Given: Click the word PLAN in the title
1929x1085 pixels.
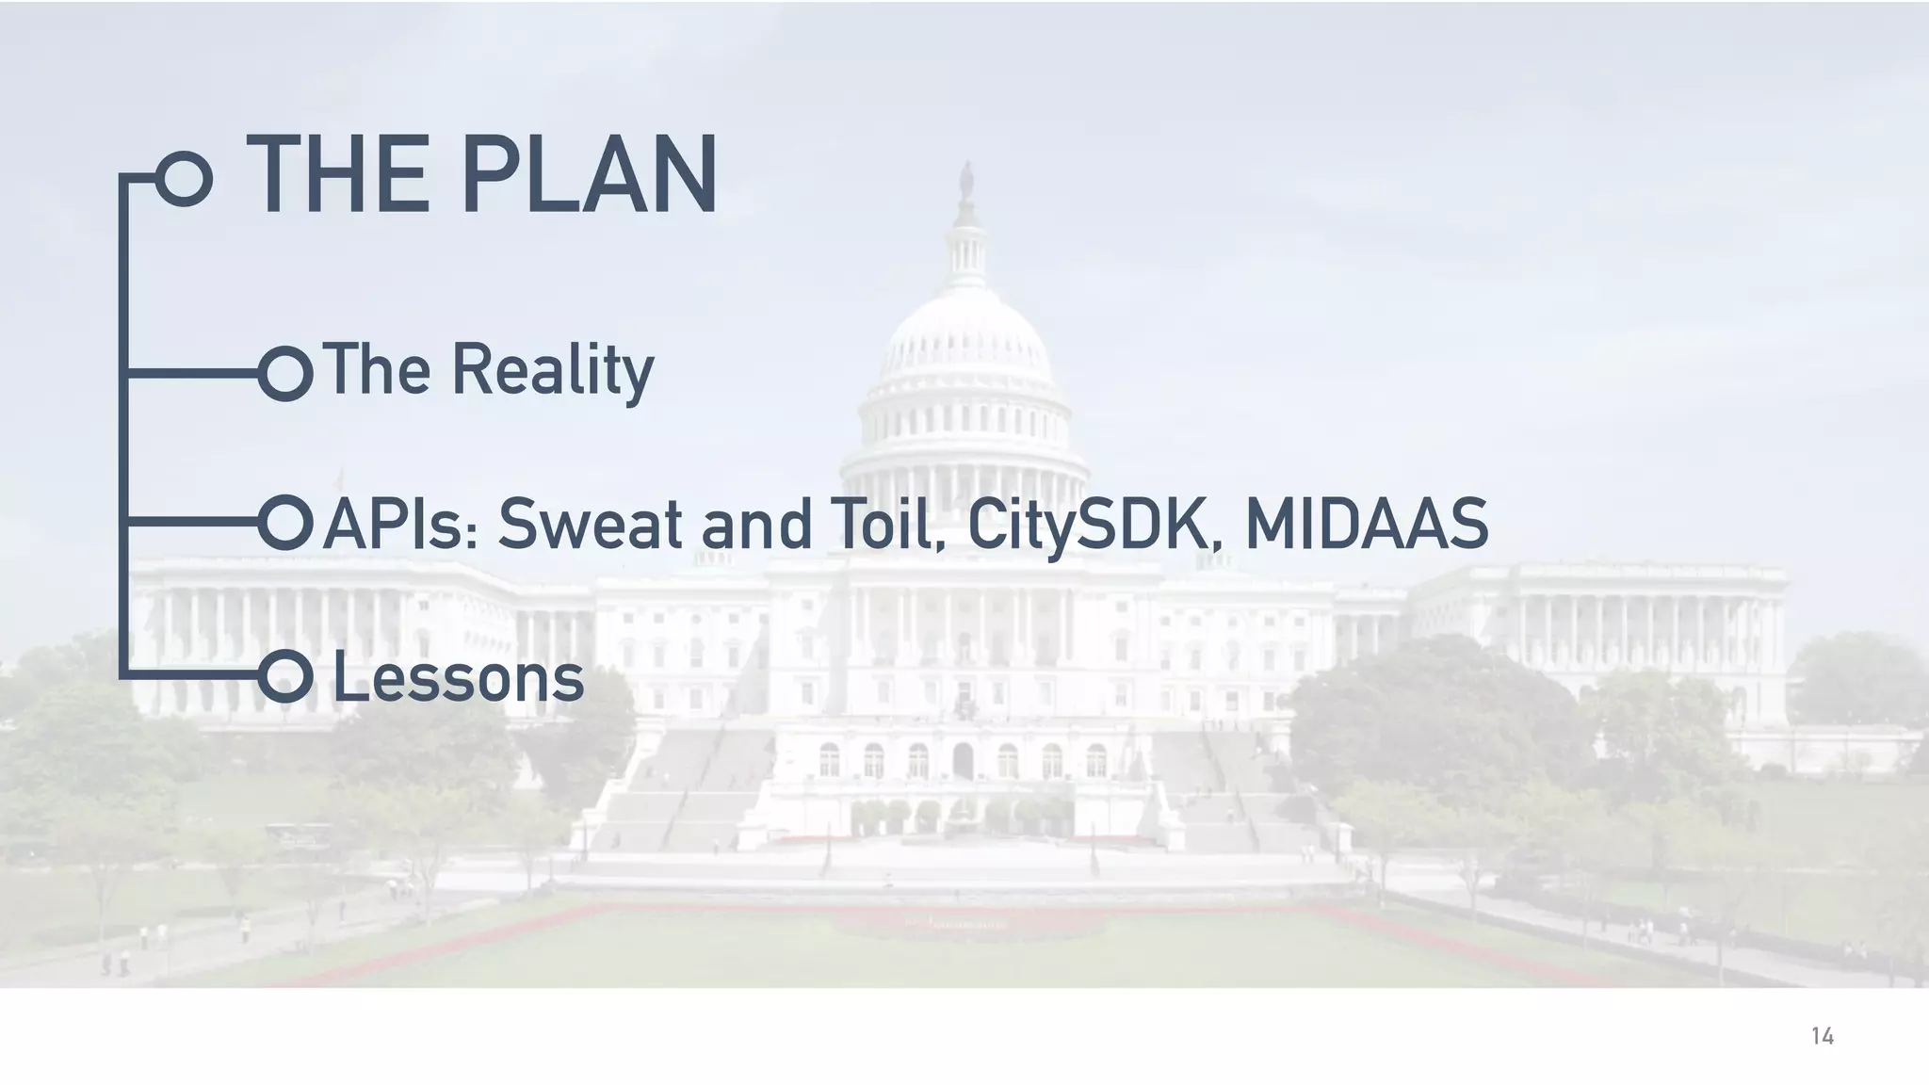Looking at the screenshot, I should tap(590, 176).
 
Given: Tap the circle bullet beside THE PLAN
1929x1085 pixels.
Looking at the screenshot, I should tap(184, 178).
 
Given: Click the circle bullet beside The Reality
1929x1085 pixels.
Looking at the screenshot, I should tap(285, 374).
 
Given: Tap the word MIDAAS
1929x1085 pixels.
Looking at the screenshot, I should tap(1366, 525).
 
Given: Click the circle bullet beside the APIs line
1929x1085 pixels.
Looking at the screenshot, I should tap(285, 523).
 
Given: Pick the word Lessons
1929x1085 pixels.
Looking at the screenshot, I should tap(459, 679).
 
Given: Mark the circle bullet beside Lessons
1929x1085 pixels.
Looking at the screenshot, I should tap(285, 676).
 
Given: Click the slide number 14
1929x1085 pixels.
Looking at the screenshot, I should tap(1822, 1037).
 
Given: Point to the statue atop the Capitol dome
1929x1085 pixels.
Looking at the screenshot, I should tap(965, 179).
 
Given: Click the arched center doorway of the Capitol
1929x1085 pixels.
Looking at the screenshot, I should tap(963, 760).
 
